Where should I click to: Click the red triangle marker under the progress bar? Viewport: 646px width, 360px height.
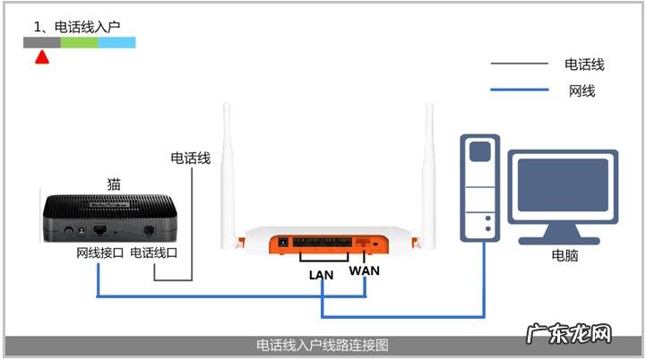(x=42, y=57)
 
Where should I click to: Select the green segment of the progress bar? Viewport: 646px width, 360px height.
(x=79, y=42)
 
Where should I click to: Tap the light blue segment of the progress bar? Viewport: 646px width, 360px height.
(x=116, y=42)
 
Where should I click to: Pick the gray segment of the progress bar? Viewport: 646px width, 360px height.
(x=42, y=42)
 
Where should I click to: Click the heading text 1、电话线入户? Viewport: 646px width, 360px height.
(x=77, y=27)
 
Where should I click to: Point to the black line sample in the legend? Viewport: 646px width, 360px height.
(x=519, y=64)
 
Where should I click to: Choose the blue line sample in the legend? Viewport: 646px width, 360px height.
(x=519, y=90)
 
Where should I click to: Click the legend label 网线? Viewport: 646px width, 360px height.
(x=581, y=90)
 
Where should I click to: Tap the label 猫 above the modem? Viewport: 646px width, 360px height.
(x=114, y=184)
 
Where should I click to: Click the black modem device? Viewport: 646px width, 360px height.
(x=110, y=219)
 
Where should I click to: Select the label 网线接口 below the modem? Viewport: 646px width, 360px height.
(x=99, y=253)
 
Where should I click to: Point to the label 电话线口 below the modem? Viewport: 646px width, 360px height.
(x=154, y=253)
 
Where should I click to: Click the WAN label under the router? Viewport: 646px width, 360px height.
(x=364, y=270)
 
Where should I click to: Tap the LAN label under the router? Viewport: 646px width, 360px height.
(x=321, y=275)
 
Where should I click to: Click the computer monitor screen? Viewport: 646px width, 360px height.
(x=563, y=185)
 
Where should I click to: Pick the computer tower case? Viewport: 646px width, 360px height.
(x=480, y=188)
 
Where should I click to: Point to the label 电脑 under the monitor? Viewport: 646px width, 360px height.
(x=564, y=255)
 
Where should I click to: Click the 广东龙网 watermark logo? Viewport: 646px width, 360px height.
(x=569, y=333)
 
